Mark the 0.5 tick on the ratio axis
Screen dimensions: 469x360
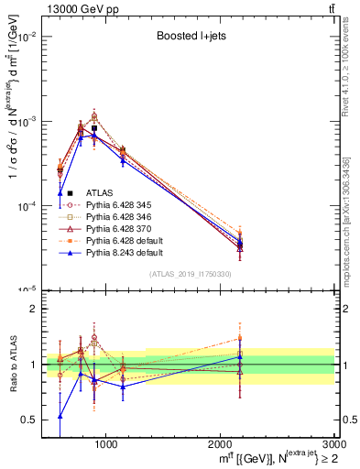click(x=33, y=420)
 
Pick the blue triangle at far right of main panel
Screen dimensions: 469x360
click(x=240, y=243)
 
